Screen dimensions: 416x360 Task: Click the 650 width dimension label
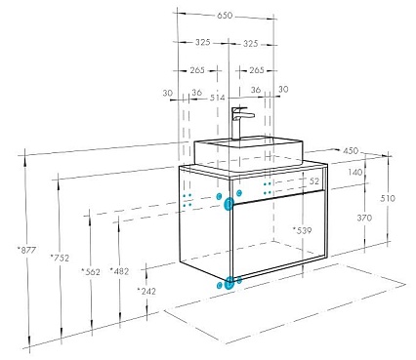tap(224, 16)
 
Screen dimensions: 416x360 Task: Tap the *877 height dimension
tap(26, 250)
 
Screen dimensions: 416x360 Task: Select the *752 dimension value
tap(60, 258)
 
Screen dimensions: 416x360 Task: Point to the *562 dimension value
tap(91, 271)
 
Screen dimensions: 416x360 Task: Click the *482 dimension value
tap(119, 271)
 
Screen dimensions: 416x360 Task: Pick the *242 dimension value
tap(146, 291)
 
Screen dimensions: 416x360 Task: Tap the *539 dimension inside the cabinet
tap(302, 230)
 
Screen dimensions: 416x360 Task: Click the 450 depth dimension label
tap(351, 151)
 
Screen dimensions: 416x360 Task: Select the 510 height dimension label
tap(388, 198)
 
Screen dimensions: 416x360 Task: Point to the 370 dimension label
tap(364, 218)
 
